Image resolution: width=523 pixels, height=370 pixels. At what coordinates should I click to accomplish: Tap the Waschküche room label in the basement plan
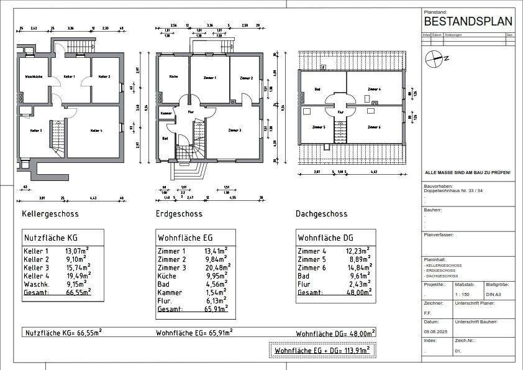coord(34,76)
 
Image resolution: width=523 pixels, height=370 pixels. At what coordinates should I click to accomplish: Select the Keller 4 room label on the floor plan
coord(96,131)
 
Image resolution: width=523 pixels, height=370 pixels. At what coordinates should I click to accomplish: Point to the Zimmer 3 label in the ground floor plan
coord(235,130)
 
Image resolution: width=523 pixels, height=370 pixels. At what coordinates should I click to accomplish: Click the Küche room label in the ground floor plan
coord(174,77)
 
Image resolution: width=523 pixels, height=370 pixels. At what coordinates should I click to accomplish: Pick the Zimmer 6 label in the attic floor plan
coord(374,127)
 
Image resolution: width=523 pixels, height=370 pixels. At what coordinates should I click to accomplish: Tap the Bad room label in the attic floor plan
coord(317,90)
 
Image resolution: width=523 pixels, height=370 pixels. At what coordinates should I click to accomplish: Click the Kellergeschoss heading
coord(50,214)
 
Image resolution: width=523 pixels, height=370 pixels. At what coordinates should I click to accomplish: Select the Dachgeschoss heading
coord(321,214)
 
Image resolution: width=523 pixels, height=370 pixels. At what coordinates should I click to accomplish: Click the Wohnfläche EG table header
coord(186,237)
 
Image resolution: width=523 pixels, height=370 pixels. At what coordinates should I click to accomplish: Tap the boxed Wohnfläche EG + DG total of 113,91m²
coord(322,351)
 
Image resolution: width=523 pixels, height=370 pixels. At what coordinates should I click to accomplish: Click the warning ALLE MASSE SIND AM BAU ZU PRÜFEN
coord(467,172)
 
